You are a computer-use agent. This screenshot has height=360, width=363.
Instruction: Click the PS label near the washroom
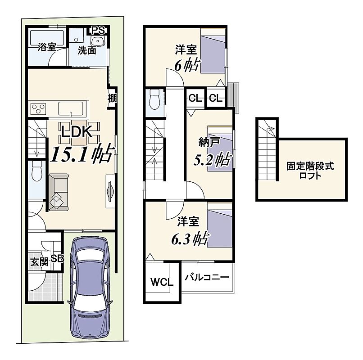point(98,30)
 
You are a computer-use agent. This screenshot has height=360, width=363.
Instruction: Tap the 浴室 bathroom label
point(47,47)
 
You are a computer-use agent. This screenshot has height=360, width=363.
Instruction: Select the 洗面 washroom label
point(87,50)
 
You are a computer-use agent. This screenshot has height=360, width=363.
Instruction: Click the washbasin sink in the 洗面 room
point(98,41)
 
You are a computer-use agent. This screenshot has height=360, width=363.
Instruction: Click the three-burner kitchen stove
point(39,109)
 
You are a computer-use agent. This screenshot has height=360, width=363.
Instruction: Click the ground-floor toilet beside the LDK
point(37,171)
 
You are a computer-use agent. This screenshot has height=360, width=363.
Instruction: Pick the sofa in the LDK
point(59,193)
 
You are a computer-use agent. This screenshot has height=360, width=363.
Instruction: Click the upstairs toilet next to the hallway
point(154,100)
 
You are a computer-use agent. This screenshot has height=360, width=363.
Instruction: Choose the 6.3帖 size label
point(191,239)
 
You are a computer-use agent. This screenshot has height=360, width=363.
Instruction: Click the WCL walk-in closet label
point(162,282)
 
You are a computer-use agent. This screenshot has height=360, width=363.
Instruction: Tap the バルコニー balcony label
point(207,277)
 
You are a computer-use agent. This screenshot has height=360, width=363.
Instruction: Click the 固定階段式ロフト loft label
point(310,171)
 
